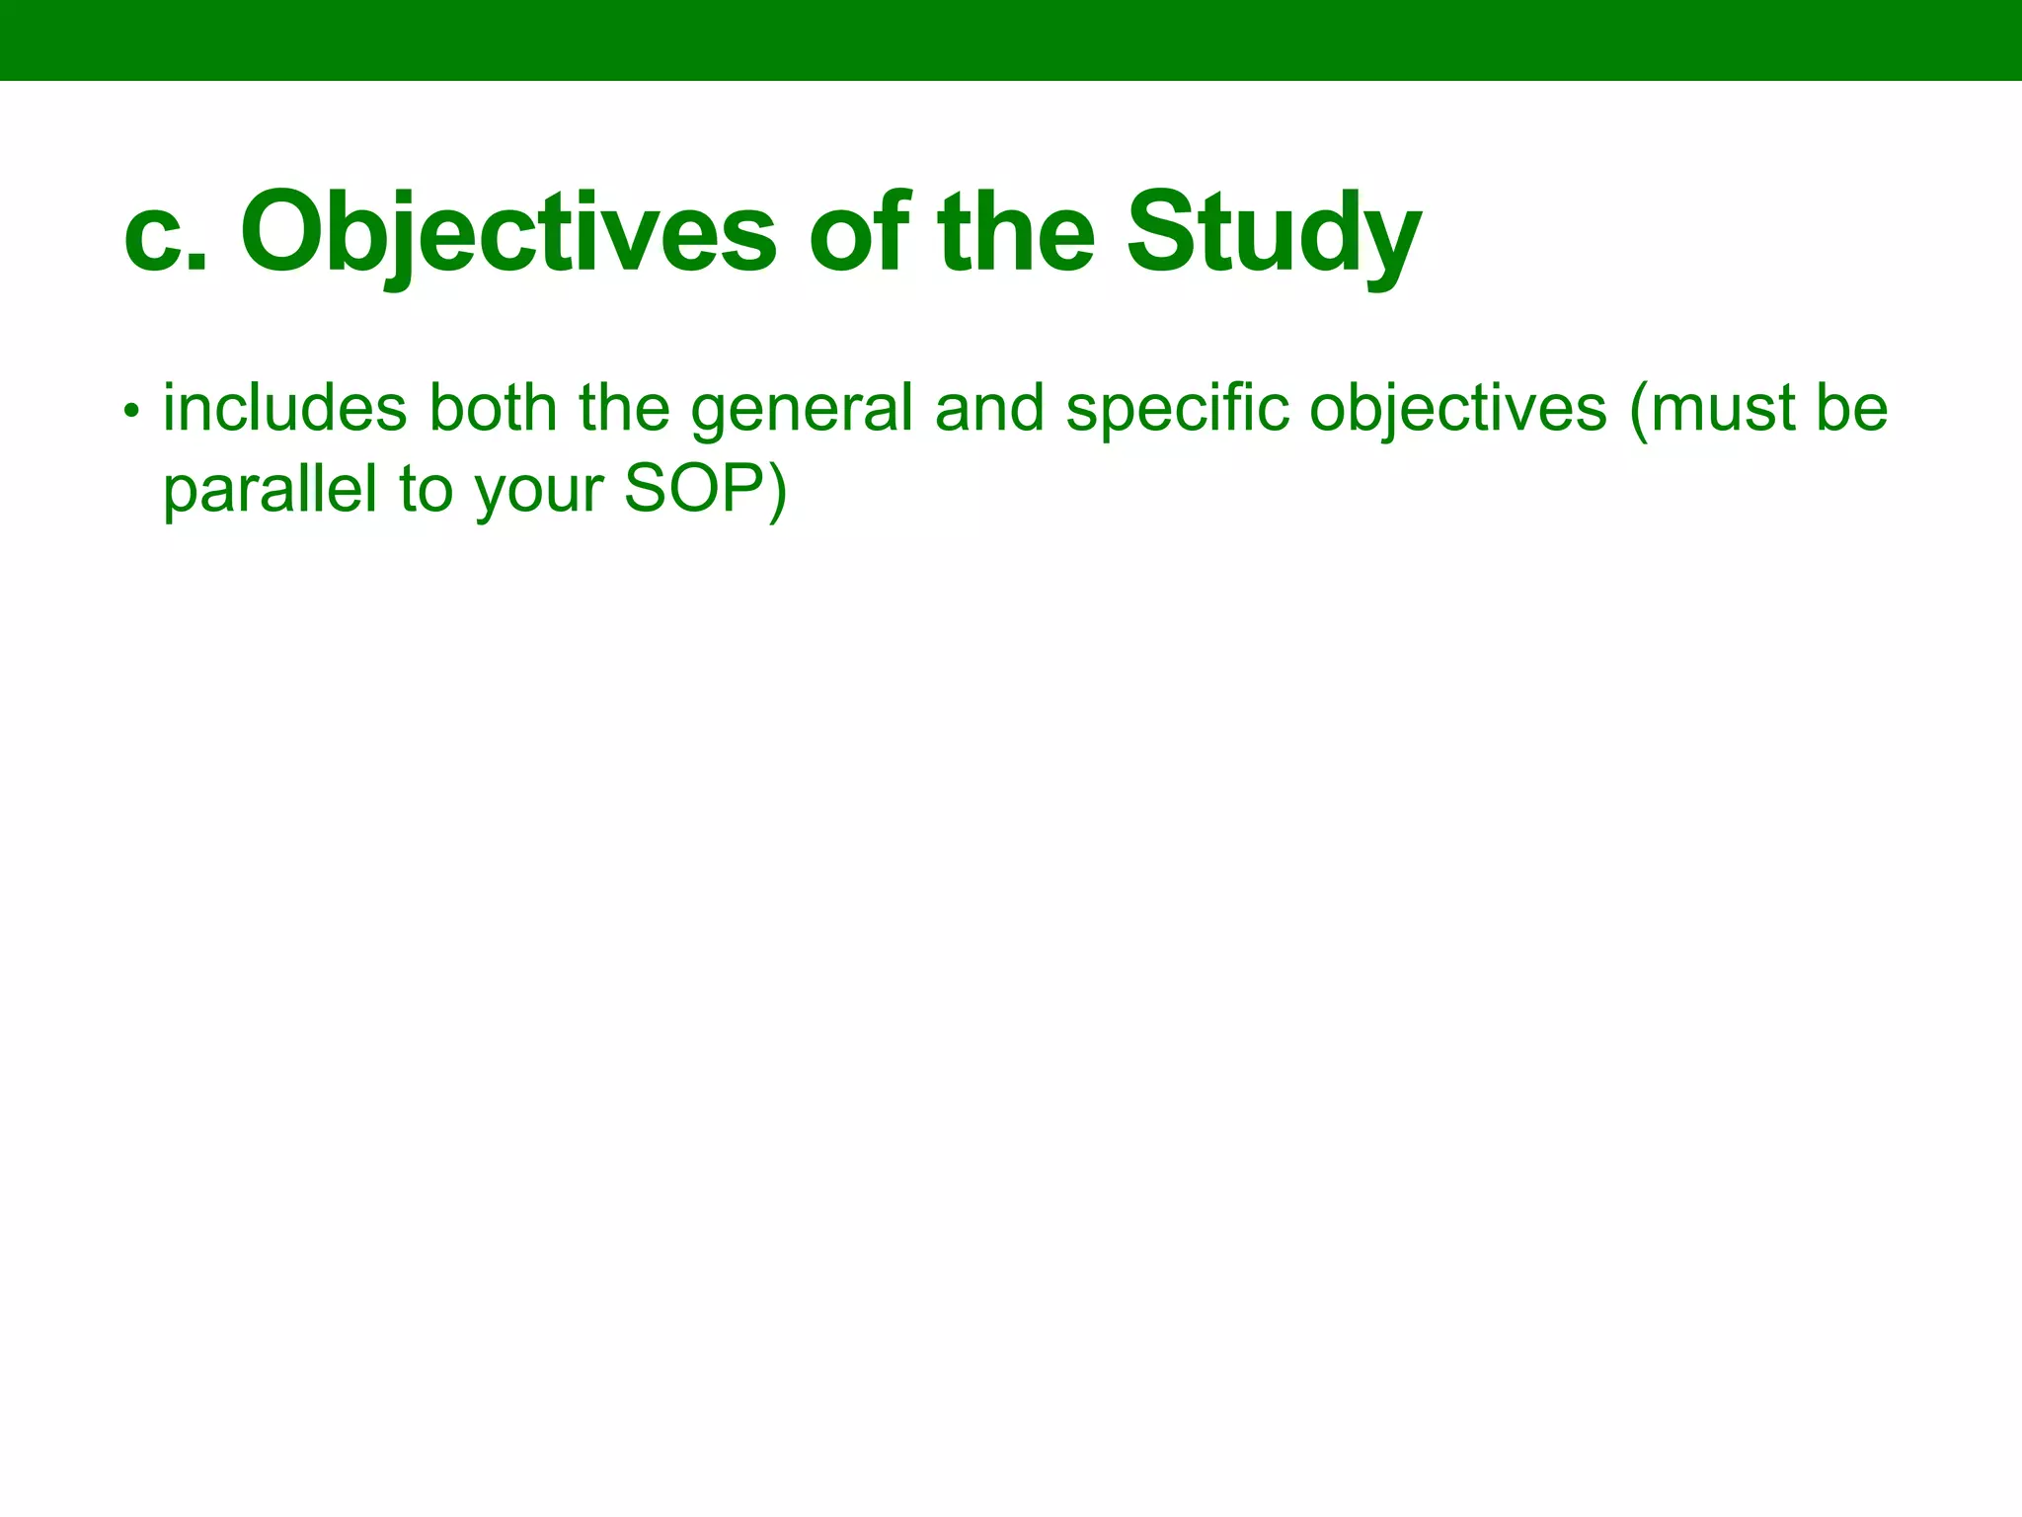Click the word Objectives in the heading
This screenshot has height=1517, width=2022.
[x=508, y=235]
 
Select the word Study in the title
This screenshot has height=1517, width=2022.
[x=1273, y=235]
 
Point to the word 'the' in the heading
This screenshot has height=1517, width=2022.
[x=1016, y=233]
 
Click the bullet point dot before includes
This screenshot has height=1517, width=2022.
[x=131, y=410]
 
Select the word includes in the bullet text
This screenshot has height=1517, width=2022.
[x=284, y=408]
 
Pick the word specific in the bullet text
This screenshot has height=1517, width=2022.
[x=1176, y=410]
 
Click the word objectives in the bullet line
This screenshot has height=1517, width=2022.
[x=1457, y=410]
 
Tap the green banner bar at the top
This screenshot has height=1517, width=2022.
[x=1011, y=40]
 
